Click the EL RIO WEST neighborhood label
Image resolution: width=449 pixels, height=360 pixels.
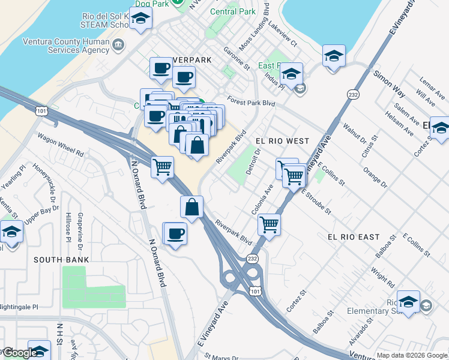(x=282, y=141)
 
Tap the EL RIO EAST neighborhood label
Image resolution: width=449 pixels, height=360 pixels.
(x=354, y=237)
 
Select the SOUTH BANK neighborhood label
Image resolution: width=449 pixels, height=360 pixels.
(x=61, y=260)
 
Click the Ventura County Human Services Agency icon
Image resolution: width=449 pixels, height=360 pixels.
(x=118, y=44)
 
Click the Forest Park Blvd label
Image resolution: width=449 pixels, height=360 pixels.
(x=250, y=102)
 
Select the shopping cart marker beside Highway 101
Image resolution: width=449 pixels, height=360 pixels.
(x=162, y=167)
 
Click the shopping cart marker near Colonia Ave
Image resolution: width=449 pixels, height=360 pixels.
(x=270, y=225)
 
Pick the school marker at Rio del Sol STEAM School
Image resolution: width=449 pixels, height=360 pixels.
(x=140, y=20)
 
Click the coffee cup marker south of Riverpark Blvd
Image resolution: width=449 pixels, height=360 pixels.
(x=175, y=233)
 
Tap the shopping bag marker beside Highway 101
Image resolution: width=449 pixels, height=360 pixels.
(x=191, y=207)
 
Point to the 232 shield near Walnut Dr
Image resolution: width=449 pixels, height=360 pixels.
(x=352, y=95)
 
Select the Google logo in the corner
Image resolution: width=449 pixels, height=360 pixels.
(x=20, y=352)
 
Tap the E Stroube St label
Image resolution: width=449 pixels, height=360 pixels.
(x=316, y=201)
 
